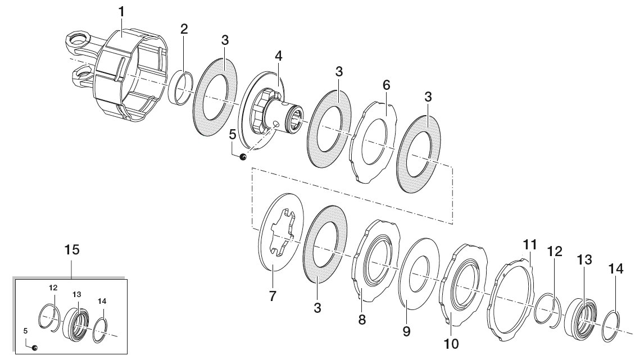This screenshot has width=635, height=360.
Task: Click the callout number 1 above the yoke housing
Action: coord(121,12)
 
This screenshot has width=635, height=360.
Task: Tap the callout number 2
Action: coord(184,29)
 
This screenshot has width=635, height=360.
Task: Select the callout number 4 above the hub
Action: coord(278,56)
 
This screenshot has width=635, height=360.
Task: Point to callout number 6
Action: coord(387,85)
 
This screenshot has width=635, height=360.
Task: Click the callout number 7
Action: coord(273,296)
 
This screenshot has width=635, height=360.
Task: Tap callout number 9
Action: coord(407,331)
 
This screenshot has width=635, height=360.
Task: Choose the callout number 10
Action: coord(451,344)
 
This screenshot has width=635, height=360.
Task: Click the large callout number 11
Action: coord(530,245)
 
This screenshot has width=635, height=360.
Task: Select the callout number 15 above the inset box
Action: coord(72,249)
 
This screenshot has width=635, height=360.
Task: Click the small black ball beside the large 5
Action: coord(243,157)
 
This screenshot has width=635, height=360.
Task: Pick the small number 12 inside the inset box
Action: coord(53,288)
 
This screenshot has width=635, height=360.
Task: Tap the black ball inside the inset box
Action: coord(35,348)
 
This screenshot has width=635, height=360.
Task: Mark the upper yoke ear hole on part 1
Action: coord(78,39)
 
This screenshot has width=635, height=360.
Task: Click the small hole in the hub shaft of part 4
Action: coord(276,124)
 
